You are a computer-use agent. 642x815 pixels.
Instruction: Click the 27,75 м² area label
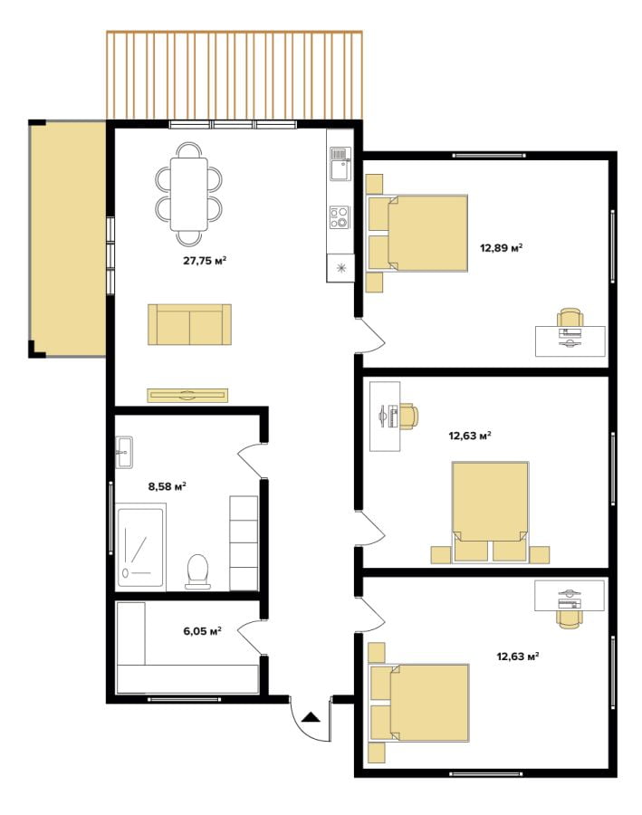click(x=205, y=261)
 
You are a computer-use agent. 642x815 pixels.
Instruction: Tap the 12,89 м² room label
click(x=501, y=247)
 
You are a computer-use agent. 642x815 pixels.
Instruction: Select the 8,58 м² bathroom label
click(x=168, y=486)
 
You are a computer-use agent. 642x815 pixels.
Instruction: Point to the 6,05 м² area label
click(x=202, y=631)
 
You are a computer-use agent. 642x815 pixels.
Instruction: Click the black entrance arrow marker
click(x=311, y=717)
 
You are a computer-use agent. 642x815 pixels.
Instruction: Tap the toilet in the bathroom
click(x=197, y=571)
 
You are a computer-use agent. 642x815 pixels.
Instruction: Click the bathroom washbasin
click(x=124, y=452)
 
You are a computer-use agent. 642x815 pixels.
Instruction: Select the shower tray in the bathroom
click(x=140, y=548)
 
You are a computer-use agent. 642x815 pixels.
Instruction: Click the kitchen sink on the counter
click(x=340, y=163)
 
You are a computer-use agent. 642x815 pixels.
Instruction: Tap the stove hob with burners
click(x=340, y=217)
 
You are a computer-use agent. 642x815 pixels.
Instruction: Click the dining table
click(x=188, y=194)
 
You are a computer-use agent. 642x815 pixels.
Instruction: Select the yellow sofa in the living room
click(x=189, y=324)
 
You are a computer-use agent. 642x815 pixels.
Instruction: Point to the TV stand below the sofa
click(x=187, y=395)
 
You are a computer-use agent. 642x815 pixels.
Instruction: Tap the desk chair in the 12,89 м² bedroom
click(x=570, y=318)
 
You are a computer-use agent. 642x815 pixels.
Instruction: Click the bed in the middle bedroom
click(x=490, y=512)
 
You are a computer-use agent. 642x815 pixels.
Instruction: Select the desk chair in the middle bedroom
click(x=408, y=416)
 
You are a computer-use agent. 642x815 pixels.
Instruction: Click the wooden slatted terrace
click(x=235, y=75)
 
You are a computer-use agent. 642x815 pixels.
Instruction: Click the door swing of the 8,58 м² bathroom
click(x=250, y=459)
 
